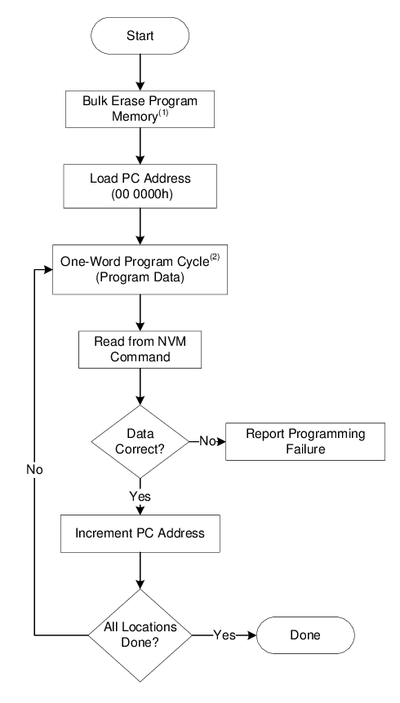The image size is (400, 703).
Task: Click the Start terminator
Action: tap(141, 36)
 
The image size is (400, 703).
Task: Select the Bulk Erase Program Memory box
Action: tap(141, 109)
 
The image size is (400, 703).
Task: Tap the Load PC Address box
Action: tap(141, 186)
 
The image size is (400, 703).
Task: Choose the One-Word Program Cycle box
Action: tap(141, 269)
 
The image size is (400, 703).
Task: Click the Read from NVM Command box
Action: tap(141, 349)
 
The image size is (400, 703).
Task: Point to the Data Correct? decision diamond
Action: tap(141, 441)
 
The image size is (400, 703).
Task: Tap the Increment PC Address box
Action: tap(141, 534)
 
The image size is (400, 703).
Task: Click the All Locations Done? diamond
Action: tap(141, 634)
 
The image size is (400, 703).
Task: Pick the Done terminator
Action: tap(305, 634)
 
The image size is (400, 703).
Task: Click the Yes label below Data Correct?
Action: tap(140, 495)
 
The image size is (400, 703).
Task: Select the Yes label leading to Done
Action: tap(224, 634)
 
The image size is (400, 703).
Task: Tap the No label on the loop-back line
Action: tap(34, 471)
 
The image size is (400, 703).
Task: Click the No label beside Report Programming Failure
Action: tap(207, 441)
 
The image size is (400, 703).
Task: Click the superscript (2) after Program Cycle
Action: tap(215, 258)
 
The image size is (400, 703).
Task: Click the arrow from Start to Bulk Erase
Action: tap(141, 72)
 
